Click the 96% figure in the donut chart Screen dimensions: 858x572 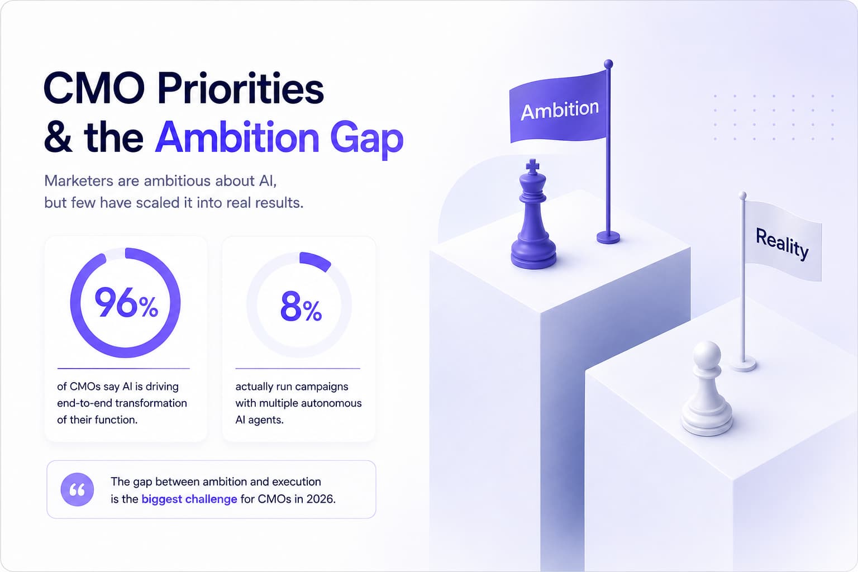[126, 303]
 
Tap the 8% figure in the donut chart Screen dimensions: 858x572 [301, 306]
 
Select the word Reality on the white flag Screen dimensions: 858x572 [782, 244]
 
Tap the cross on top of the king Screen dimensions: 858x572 [532, 166]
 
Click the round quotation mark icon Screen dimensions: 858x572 [77, 490]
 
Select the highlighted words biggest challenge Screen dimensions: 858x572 [189, 499]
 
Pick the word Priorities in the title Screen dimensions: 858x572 [241, 89]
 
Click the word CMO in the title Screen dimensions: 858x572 [94, 88]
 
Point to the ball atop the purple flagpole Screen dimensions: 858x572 [608, 64]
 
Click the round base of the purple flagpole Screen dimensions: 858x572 [608, 237]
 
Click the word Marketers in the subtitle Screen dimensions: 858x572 [79, 180]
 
